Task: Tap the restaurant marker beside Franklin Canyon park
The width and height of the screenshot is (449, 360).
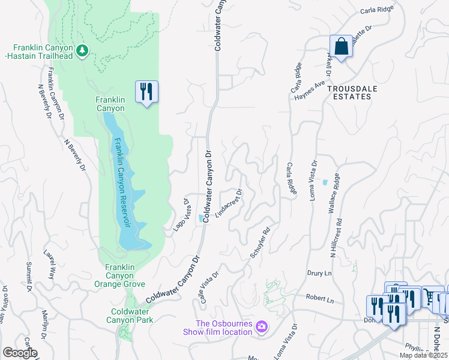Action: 146,92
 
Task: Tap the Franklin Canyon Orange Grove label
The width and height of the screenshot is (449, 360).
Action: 128,276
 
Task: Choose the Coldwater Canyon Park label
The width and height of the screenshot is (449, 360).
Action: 132,316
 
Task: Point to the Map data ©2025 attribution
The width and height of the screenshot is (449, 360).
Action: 423,355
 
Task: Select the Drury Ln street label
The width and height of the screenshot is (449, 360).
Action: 319,273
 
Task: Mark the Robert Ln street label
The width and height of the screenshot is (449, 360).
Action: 319,298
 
